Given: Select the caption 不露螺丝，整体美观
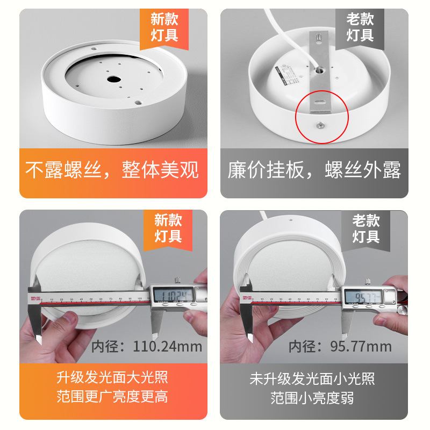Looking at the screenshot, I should (113, 169).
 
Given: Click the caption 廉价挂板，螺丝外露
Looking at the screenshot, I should (314, 170).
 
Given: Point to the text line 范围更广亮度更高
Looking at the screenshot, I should (112, 397).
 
